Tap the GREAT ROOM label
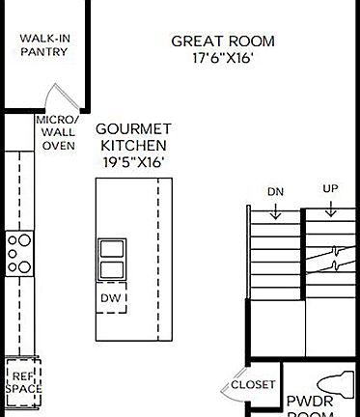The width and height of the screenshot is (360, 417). [222, 42]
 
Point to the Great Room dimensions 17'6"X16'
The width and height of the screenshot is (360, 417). [222, 58]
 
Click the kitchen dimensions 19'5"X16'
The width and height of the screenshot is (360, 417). [134, 162]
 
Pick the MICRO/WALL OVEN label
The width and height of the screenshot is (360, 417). [57, 133]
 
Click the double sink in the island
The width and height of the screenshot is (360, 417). [112, 259]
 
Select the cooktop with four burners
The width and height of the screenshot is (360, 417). [19, 253]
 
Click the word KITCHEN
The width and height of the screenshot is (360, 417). [134, 145]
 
